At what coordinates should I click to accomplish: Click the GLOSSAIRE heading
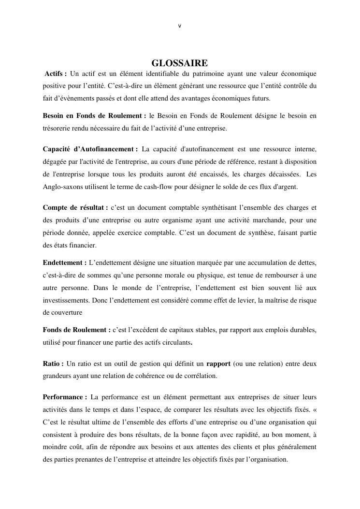click(180, 63)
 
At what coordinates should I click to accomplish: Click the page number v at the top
click(180, 26)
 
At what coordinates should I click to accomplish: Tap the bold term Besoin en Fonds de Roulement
click(94, 116)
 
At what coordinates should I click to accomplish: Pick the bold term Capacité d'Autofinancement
click(90, 149)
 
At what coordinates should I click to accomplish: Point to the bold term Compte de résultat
click(75, 207)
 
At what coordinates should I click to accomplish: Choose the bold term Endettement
click(65, 262)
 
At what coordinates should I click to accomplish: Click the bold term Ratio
click(53, 363)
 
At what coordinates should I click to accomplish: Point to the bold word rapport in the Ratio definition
click(218, 363)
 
